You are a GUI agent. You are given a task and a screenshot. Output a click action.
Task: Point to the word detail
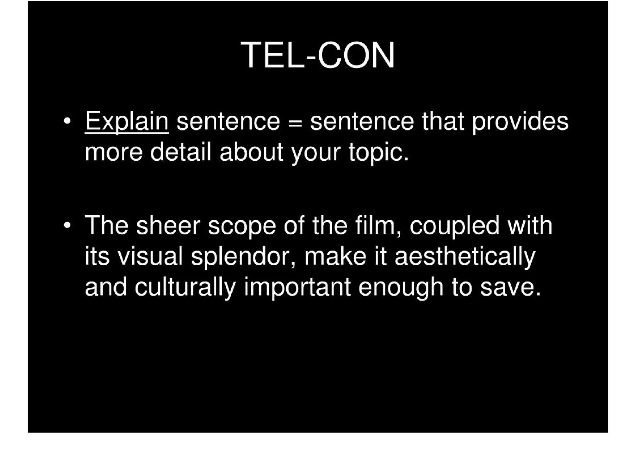(181, 152)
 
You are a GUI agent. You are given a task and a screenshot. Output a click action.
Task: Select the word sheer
(168, 225)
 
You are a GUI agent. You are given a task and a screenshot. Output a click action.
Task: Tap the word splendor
(243, 257)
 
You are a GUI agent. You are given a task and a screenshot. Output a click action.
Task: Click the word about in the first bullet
(251, 152)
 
